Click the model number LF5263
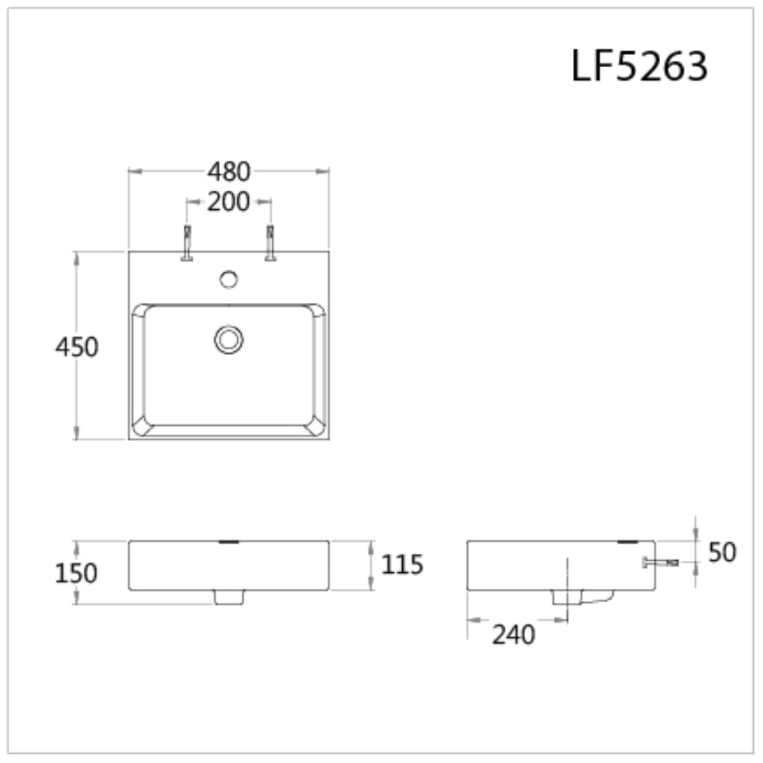pyautogui.click(x=639, y=67)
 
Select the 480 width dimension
pyautogui.click(x=229, y=172)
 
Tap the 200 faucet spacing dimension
pyautogui.click(x=229, y=202)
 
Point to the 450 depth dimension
pyautogui.click(x=77, y=347)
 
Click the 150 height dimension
pyautogui.click(x=76, y=572)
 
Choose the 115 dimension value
pyautogui.click(x=401, y=565)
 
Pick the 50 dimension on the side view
pyautogui.click(x=722, y=552)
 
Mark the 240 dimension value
pyautogui.click(x=513, y=634)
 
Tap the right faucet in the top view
pyautogui.click(x=270, y=243)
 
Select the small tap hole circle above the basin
pyautogui.click(x=228, y=279)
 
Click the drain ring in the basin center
pyautogui.click(x=228, y=339)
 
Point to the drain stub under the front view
pyautogui.click(x=228, y=597)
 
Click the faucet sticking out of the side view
pyautogui.click(x=661, y=563)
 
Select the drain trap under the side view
pyautogui.click(x=584, y=597)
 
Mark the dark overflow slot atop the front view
pyautogui.click(x=229, y=542)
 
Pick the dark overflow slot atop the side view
pyautogui.click(x=628, y=542)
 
